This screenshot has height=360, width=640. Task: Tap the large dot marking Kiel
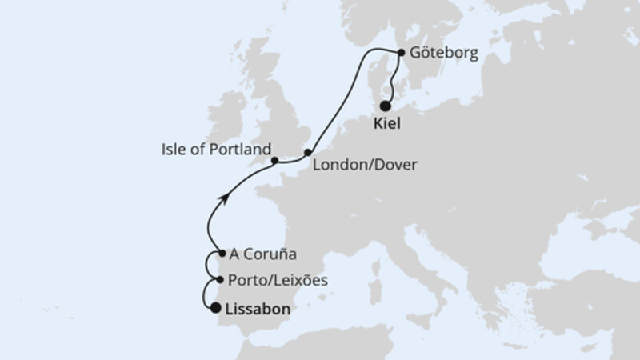[x=386, y=106]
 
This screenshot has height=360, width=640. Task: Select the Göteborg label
[x=442, y=54]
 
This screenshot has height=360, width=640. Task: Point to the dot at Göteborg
[x=401, y=54]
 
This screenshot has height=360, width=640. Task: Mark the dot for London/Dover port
[x=307, y=151]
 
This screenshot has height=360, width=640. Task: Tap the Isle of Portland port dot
[x=274, y=160]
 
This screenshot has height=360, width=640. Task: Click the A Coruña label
[x=263, y=255]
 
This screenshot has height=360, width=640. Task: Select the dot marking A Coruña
[x=220, y=254]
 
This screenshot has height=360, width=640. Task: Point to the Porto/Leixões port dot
[x=220, y=281]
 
